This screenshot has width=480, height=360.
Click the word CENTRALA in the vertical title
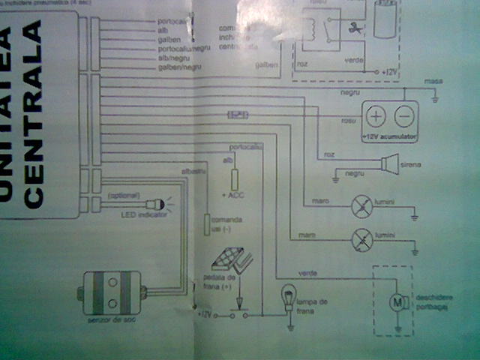click(x=34, y=139)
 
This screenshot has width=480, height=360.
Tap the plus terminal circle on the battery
click(x=377, y=116)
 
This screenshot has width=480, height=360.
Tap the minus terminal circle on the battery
click(x=403, y=116)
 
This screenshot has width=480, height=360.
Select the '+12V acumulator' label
click(x=389, y=137)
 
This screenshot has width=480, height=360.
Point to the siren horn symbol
click(x=388, y=163)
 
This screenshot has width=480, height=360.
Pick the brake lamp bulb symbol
click(x=289, y=297)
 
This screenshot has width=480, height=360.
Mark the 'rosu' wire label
click(x=347, y=118)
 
